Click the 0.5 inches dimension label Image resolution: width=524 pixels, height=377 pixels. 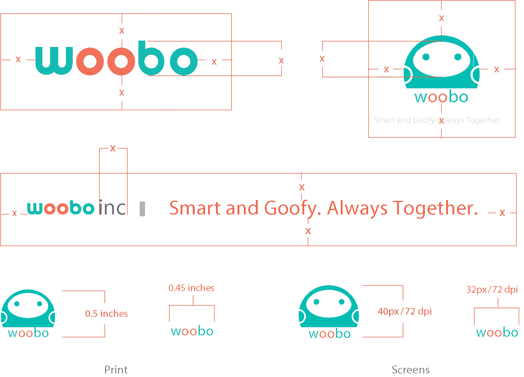tap(106, 313)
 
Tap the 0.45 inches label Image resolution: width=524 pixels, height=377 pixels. tap(191, 288)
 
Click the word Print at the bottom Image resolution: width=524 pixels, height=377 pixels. tap(116, 370)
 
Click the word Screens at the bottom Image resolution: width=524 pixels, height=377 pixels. tap(410, 370)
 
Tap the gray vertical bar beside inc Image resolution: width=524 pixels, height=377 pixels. tap(142, 209)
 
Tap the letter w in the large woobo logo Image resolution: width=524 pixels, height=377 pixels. tap(54, 61)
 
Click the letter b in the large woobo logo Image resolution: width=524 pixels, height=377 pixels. tap(151, 58)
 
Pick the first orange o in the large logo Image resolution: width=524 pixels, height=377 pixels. tap(90, 61)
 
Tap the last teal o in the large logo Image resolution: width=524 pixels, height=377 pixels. tap(184, 61)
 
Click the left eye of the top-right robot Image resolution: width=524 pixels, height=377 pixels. tap(426, 57)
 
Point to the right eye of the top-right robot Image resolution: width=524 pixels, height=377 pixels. tap(458, 57)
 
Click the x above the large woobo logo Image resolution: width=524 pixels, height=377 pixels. tap(122, 31)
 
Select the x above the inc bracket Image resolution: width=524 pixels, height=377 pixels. tap(113, 149)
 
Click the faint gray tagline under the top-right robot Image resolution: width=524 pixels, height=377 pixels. tap(437, 120)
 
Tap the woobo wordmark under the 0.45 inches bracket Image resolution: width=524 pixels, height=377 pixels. tap(192, 331)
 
